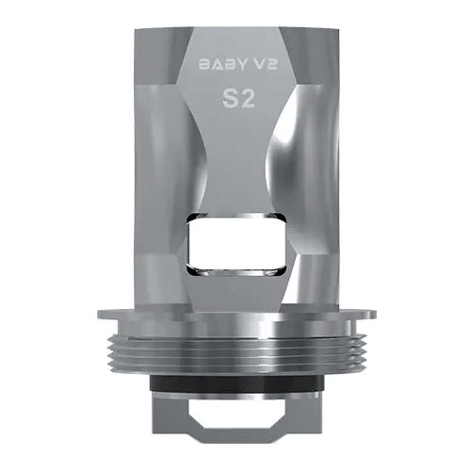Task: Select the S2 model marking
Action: pyautogui.click(x=235, y=100)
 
